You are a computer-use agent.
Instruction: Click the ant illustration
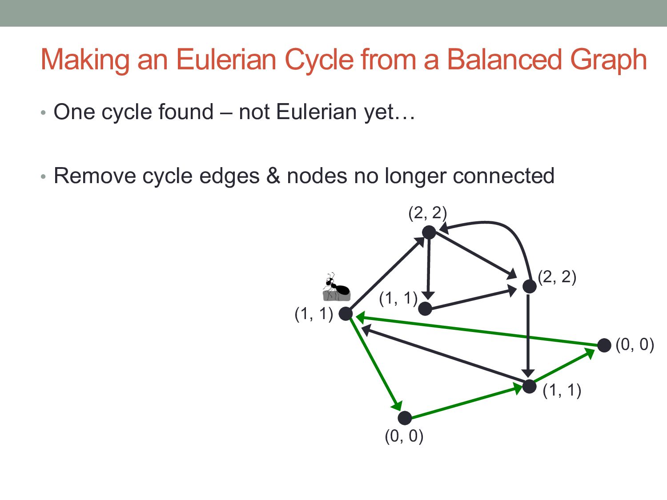pos(336,288)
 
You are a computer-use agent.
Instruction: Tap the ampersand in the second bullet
pos(273,176)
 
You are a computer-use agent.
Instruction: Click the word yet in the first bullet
pos(379,112)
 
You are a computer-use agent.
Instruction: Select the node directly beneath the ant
pos(346,314)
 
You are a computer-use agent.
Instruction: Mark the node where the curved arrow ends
pos(429,232)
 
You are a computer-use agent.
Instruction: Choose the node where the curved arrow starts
pos(529,286)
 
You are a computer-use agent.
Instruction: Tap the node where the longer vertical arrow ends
pos(529,387)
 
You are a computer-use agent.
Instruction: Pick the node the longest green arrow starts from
pos(604,345)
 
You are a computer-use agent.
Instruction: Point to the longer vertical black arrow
pos(528,333)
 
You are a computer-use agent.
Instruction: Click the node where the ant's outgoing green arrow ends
pos(405,418)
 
